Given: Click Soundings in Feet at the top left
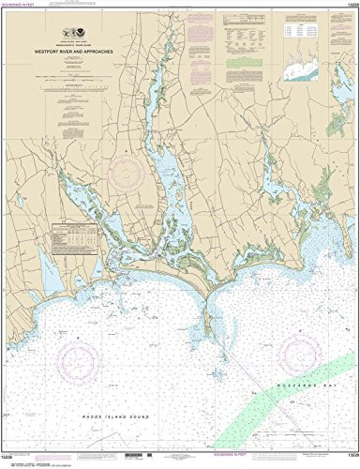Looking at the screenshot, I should tap(28, 7).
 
